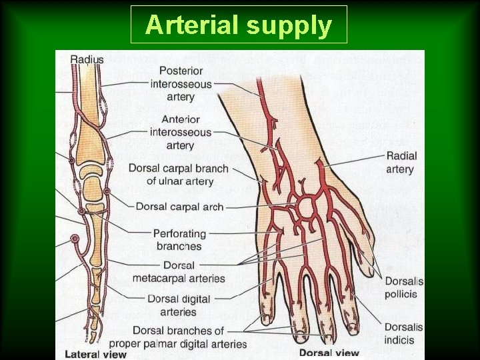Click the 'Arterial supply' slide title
239,25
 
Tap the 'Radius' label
87,59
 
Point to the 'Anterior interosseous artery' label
180,132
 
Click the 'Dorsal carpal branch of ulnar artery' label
179,175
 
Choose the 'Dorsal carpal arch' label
179,207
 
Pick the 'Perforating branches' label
179,240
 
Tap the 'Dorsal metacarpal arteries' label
179,272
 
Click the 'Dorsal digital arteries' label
179,305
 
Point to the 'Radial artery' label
401,162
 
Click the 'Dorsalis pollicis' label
403,287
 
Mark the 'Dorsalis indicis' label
403,333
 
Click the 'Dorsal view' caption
329,353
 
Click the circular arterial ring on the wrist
306,207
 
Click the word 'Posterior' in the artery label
181,71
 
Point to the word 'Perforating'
179,234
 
